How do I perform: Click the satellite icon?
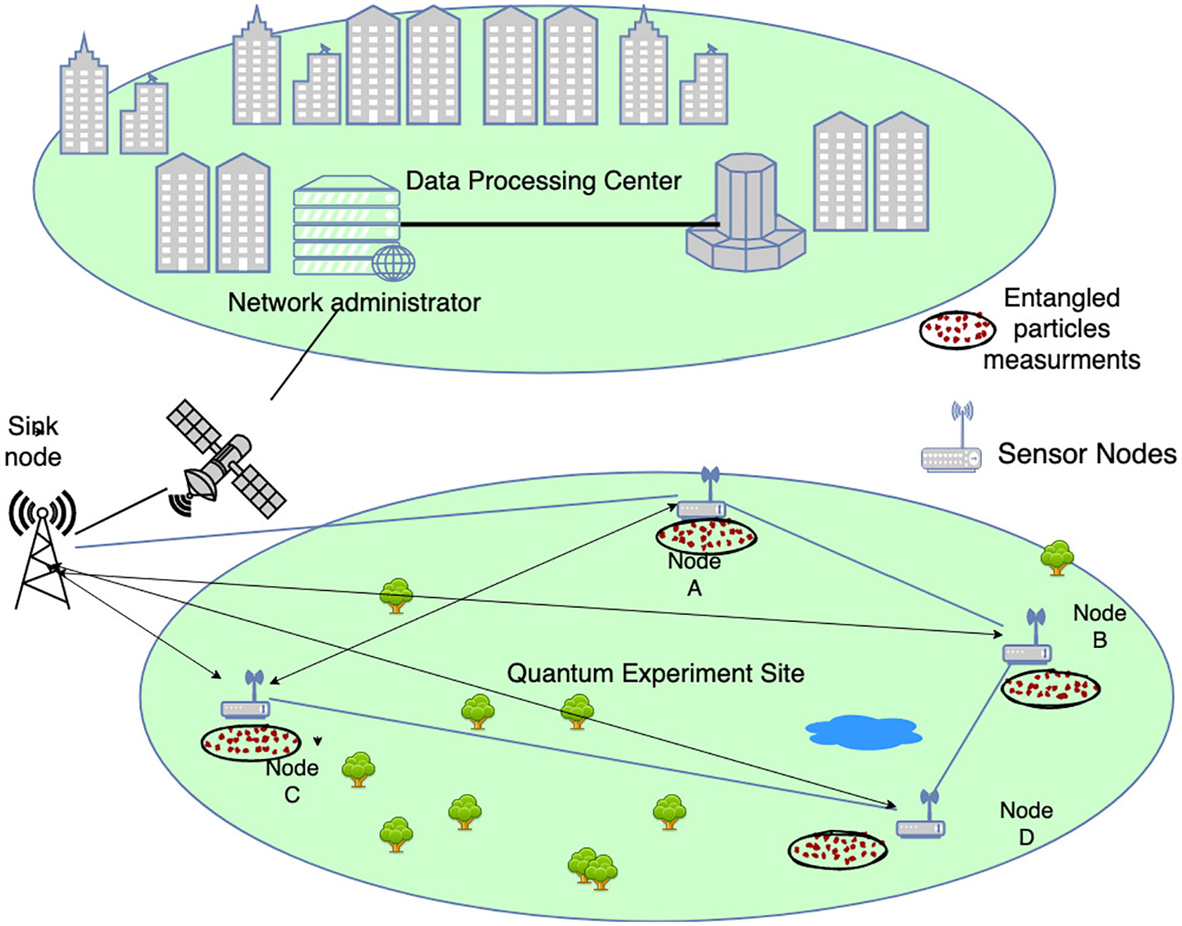pos(225,461)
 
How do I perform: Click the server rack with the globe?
pos(349,227)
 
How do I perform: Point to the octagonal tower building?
pos(746,215)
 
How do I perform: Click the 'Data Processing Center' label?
pos(543,181)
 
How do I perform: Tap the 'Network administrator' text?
pos(354,302)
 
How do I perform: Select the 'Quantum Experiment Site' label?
pos(655,674)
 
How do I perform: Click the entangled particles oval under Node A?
pos(706,536)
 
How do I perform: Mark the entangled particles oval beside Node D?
pos(837,850)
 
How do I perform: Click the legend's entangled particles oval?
pos(957,330)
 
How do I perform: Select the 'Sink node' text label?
pos(33,442)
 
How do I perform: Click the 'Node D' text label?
pos(1026,824)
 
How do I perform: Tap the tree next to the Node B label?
pos(1057,557)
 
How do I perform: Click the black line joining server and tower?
pos(559,224)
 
